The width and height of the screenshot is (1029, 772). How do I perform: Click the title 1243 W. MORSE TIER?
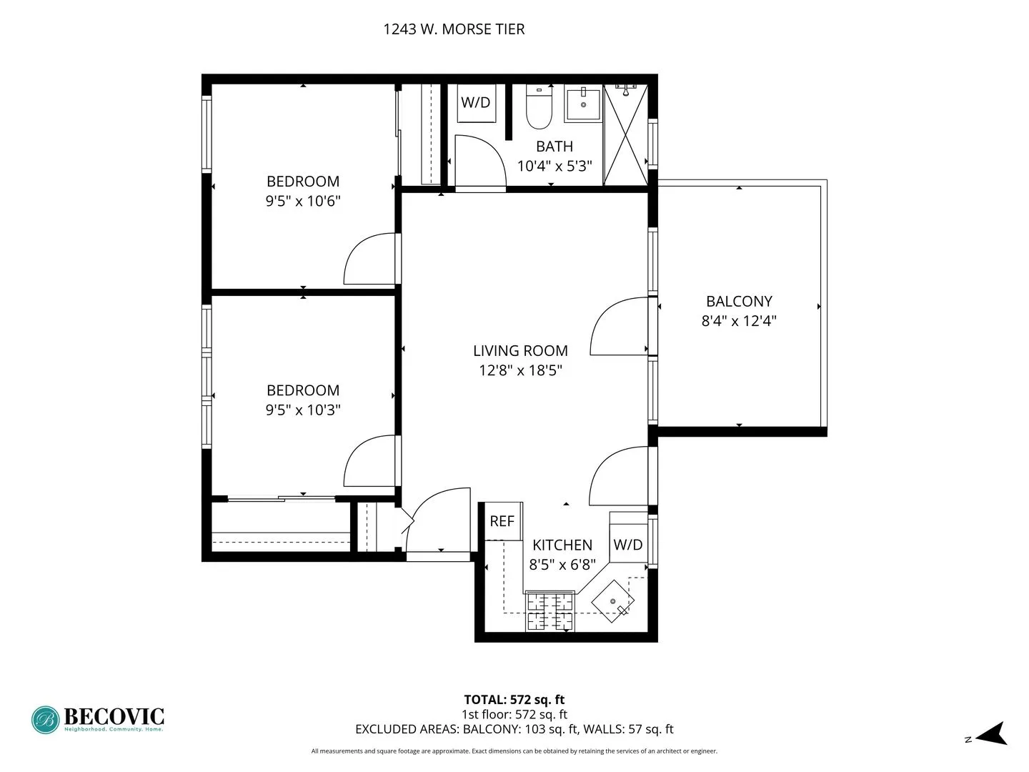pyautogui.click(x=454, y=29)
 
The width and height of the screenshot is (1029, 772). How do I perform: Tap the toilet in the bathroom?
pyautogui.click(x=537, y=107)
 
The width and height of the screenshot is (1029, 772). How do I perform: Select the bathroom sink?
pyautogui.click(x=583, y=104)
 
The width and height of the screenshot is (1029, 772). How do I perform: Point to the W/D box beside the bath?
pyautogui.click(x=476, y=103)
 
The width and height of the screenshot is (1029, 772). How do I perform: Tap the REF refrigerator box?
pyautogui.click(x=502, y=521)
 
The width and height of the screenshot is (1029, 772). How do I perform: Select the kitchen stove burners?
pyautogui.click(x=550, y=612)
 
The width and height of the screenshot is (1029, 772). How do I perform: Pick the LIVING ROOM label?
pyautogui.click(x=520, y=351)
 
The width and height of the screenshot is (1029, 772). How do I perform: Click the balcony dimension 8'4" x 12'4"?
pyautogui.click(x=739, y=321)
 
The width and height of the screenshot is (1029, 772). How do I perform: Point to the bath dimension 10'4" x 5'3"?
pyautogui.click(x=555, y=166)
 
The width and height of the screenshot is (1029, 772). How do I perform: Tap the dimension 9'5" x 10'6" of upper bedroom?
pyautogui.click(x=303, y=201)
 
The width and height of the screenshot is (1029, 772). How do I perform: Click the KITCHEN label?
pyautogui.click(x=562, y=545)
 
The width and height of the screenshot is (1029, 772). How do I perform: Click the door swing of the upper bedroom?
pyautogui.click(x=368, y=259)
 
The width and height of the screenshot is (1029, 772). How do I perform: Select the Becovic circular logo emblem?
pyautogui.click(x=46, y=720)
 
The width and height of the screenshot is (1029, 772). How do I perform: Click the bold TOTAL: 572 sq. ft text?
pyautogui.click(x=514, y=700)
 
